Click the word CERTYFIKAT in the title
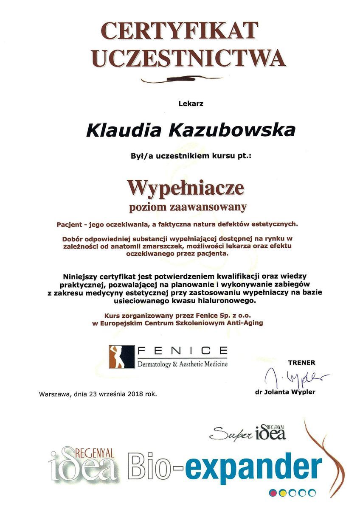pos(180,32)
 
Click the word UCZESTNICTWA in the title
pos(188,58)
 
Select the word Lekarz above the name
pos(191,103)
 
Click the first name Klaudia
pos(124,129)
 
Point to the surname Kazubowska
pos(232,129)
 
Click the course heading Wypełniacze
pos(186,187)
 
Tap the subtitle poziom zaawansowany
pos(188,207)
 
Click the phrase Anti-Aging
pos(246,323)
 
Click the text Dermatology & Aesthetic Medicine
pos(182,364)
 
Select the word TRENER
pos(301,362)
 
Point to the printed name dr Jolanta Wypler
pos(285,392)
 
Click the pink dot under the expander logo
pos(273,492)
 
